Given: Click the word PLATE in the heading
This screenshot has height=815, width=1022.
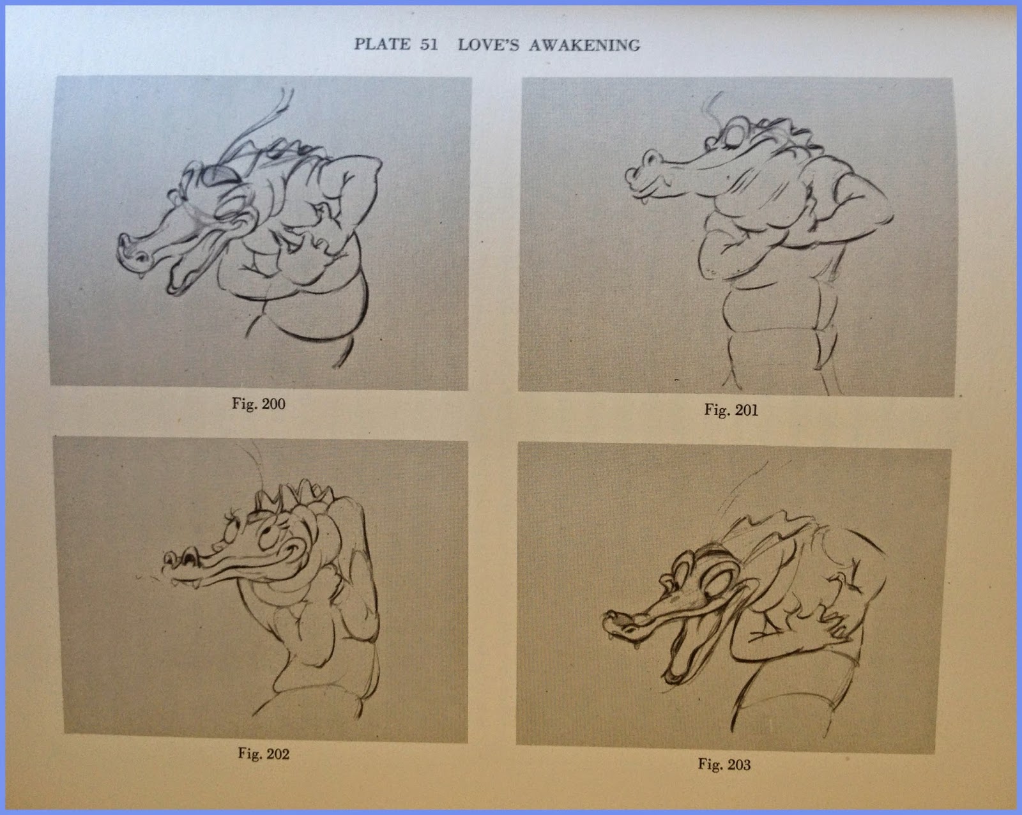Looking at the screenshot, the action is point(383,44).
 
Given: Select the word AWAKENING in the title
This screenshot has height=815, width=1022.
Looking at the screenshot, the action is point(584,45).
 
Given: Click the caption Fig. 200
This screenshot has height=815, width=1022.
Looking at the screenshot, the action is point(258,404).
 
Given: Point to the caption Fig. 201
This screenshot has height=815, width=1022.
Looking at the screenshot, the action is point(731,410).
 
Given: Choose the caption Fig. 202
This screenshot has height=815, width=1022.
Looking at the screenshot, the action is point(264,754).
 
